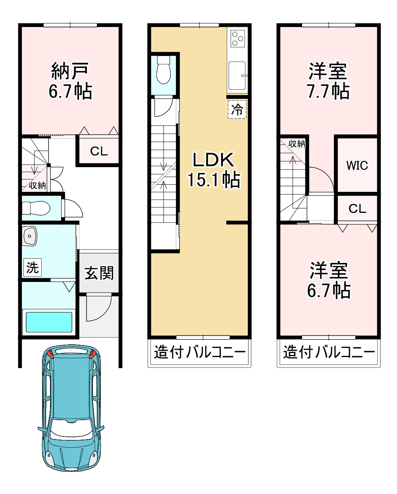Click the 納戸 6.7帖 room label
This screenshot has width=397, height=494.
pyautogui.click(x=70, y=81)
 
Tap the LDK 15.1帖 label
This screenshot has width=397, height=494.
pyautogui.click(x=214, y=170)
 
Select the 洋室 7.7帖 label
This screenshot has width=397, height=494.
pyautogui.click(x=328, y=81)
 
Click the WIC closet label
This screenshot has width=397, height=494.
pyautogui.click(x=357, y=165)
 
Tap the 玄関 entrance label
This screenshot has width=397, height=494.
pyautogui.click(x=99, y=273)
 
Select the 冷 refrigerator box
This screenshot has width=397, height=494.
pyautogui.click(x=237, y=110)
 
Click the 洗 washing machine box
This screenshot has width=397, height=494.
pyautogui.click(x=33, y=267)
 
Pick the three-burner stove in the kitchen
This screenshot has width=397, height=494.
pyautogui.click(x=237, y=39)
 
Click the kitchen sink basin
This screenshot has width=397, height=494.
pyautogui.click(x=237, y=75)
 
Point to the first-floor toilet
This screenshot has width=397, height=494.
pyautogui.click(x=36, y=208)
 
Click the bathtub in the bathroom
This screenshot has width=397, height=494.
pyautogui.click(x=49, y=322)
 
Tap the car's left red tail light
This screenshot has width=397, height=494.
pyautogui.click(x=51, y=354)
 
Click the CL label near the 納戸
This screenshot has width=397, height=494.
pyautogui.click(x=99, y=151)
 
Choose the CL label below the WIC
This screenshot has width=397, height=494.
pyautogui.click(x=357, y=208)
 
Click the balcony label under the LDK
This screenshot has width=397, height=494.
pyautogui.click(x=200, y=352)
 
